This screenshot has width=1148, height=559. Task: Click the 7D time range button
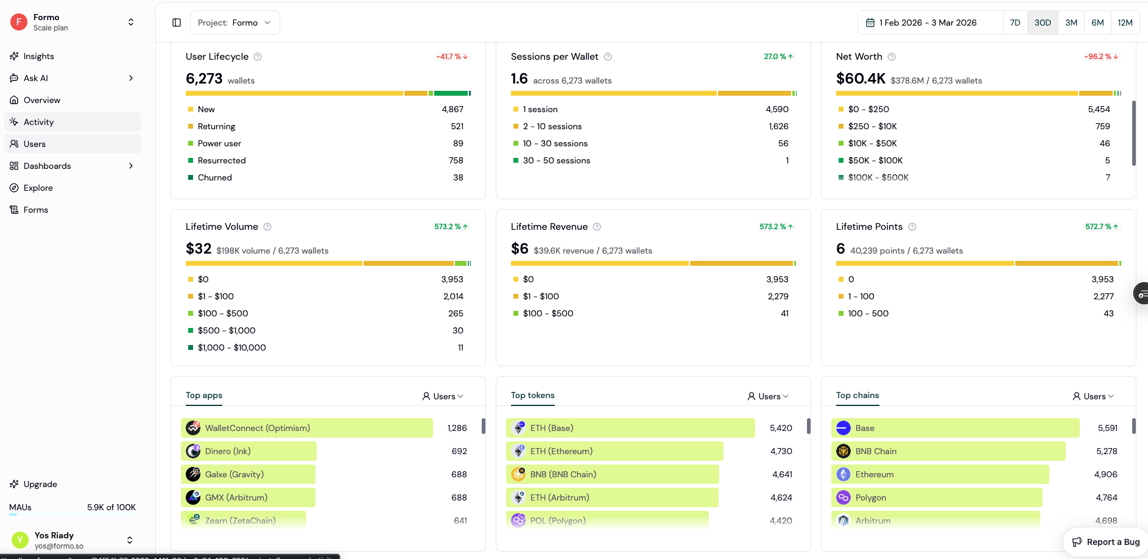[x=1015, y=23]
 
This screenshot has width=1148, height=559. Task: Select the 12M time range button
[x=1125, y=23]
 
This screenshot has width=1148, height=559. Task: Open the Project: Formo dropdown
[x=234, y=23]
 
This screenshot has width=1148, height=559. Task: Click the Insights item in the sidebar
[x=39, y=56]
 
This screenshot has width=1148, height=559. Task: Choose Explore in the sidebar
[x=38, y=188]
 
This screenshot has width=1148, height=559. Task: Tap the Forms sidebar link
[x=36, y=210]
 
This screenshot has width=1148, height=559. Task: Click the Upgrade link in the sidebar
[x=40, y=484]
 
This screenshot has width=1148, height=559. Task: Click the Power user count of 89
[x=458, y=143]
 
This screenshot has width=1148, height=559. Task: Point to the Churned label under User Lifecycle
[x=215, y=177]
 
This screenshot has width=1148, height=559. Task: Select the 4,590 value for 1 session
[x=776, y=109]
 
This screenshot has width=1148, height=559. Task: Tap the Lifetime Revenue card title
[x=549, y=227]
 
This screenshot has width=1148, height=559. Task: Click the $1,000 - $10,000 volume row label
[x=232, y=347]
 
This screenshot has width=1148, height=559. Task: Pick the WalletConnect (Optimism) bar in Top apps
[x=307, y=428]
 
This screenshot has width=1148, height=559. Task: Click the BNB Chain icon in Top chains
[x=843, y=451]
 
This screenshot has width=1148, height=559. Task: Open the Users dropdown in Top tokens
[x=768, y=396]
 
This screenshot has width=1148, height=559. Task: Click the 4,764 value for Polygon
[x=1106, y=497]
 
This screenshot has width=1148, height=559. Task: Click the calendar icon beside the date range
[x=870, y=23]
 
